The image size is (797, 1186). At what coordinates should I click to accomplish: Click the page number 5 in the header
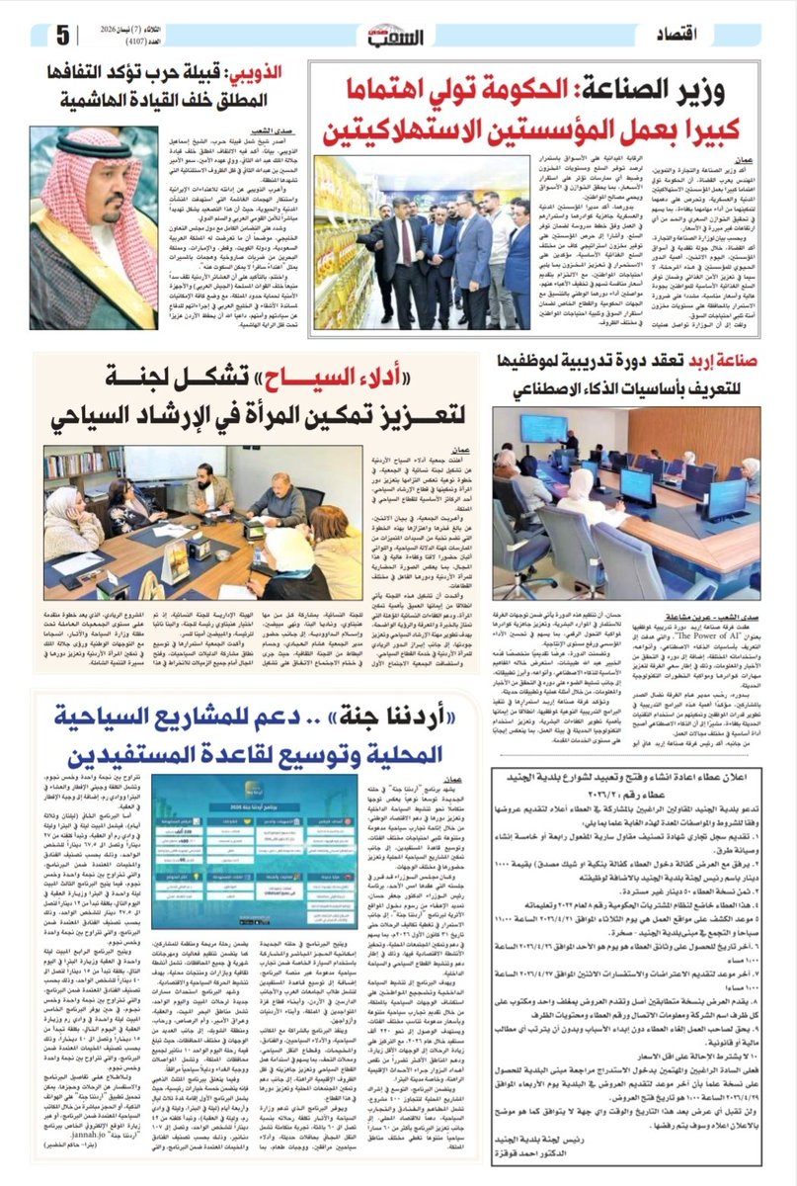coord(62,37)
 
